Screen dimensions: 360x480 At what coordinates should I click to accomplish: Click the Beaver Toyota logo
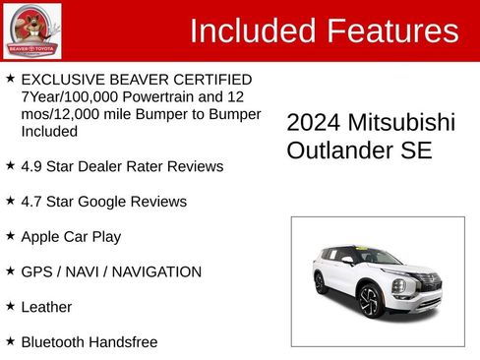click(x=31, y=30)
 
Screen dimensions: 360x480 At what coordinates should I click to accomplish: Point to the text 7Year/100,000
click(x=67, y=96)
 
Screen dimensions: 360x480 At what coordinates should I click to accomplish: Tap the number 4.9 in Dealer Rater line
click(x=32, y=166)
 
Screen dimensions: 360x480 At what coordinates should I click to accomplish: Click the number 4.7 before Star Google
click(x=32, y=202)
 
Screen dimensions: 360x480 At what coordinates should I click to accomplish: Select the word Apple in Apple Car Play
click(x=41, y=237)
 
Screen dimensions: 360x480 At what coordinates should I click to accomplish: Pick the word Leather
click(x=46, y=307)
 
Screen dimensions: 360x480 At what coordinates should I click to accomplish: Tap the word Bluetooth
click(x=55, y=342)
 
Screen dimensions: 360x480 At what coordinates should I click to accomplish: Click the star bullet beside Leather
click(x=10, y=306)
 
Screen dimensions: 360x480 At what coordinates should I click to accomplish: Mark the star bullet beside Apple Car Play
click(x=10, y=236)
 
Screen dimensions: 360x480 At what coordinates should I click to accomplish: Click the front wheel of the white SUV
click(x=369, y=300)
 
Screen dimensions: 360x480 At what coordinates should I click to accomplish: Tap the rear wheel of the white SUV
click(x=321, y=282)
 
